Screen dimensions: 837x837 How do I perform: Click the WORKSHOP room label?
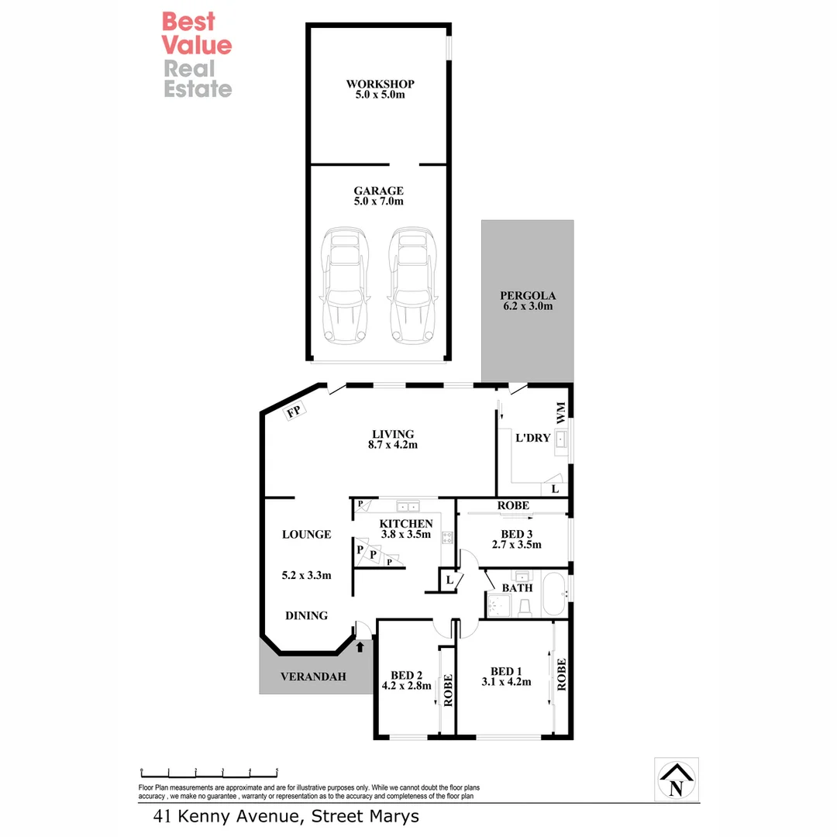(x=380, y=84)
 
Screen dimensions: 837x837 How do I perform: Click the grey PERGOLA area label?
(x=527, y=295)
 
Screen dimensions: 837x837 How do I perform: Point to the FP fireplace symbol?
(x=294, y=412)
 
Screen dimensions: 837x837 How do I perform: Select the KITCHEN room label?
(x=405, y=524)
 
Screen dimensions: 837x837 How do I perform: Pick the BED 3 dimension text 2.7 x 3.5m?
(x=516, y=544)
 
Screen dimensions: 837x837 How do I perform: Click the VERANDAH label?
(x=308, y=675)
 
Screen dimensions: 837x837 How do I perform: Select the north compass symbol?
(x=676, y=780)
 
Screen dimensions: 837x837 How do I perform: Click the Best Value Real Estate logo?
(x=197, y=54)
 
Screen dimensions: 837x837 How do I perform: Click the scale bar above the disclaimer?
(x=209, y=772)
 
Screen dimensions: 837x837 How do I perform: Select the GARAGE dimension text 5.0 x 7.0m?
(x=379, y=201)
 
